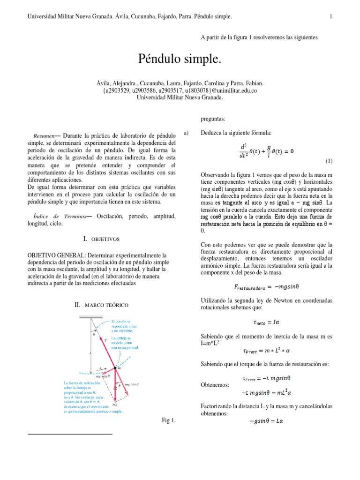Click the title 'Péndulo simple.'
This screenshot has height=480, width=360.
179,59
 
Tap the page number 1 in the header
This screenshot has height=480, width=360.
331,17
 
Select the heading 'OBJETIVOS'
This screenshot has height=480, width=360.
105,239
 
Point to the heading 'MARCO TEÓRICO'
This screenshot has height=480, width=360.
106,306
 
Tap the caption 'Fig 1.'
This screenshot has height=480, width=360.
167,420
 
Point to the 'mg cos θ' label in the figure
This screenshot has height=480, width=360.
133,384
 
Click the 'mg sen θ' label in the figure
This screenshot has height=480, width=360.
103,376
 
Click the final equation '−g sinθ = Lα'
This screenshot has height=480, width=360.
266,420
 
